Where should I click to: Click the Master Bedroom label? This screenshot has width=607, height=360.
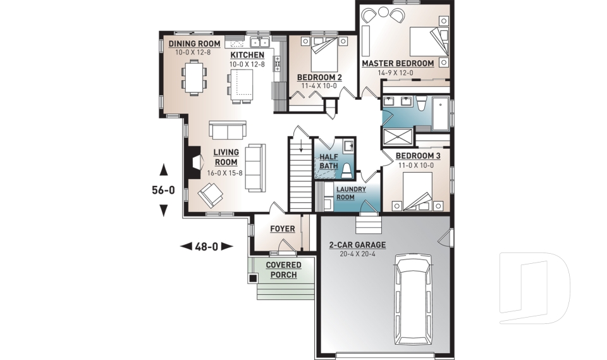397,63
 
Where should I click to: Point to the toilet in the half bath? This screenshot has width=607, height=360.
346,170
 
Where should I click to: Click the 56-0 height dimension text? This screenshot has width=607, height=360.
162,189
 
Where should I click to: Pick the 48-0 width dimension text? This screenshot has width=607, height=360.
207,246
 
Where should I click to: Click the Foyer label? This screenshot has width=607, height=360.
282,228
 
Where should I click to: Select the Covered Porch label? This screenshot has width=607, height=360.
283,270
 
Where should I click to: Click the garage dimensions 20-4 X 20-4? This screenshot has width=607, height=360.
357,254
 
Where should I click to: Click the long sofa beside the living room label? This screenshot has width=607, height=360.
255,168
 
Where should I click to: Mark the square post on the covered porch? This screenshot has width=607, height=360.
254,277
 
